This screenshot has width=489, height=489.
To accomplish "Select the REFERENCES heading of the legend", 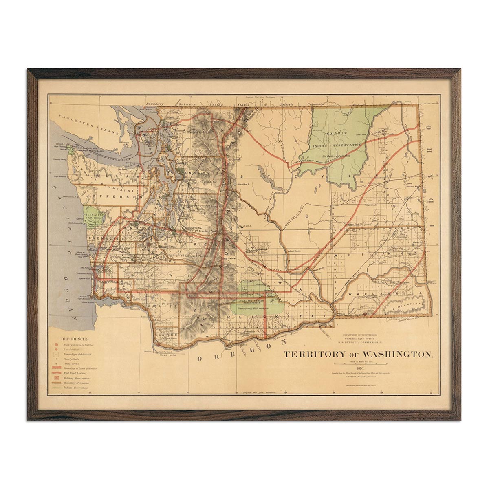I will tap(75, 339).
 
